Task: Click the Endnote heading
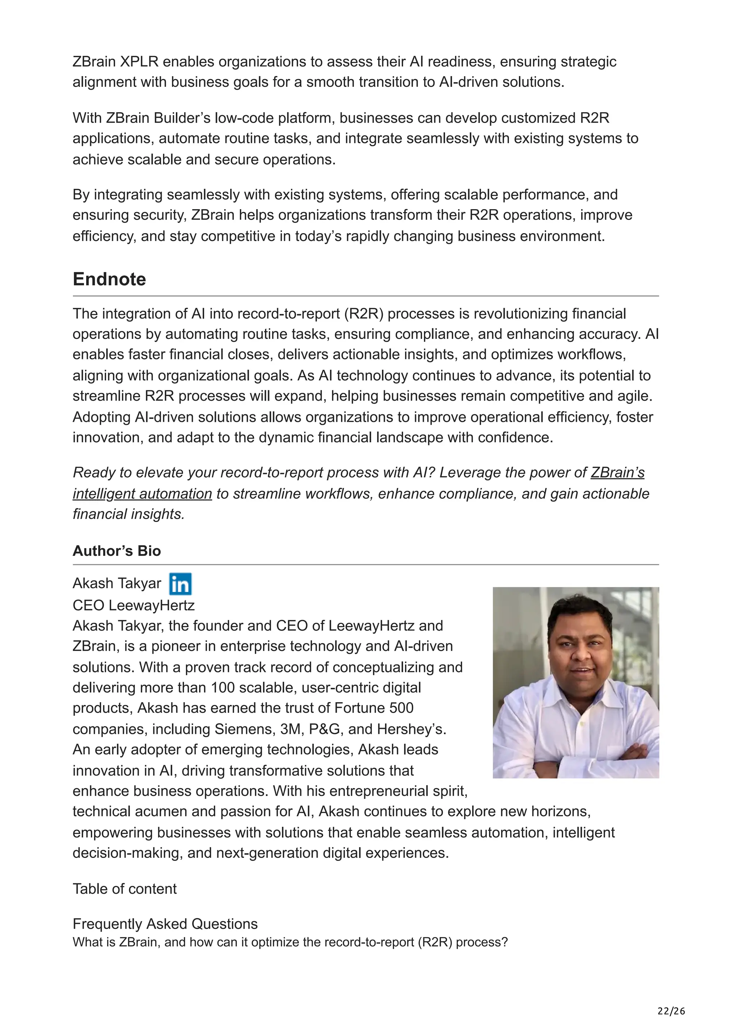pyautogui.click(x=109, y=279)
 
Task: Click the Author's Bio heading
pyautogui.click(x=117, y=551)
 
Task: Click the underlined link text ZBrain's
pyautogui.click(x=617, y=473)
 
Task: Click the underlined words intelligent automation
pyautogui.click(x=142, y=494)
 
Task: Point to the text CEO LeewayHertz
pyautogui.click(x=134, y=605)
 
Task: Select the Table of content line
pyautogui.click(x=124, y=889)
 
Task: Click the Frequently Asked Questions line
pyautogui.click(x=165, y=924)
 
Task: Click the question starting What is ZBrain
pyautogui.click(x=290, y=943)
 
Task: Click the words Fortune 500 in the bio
pyautogui.click(x=374, y=708)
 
